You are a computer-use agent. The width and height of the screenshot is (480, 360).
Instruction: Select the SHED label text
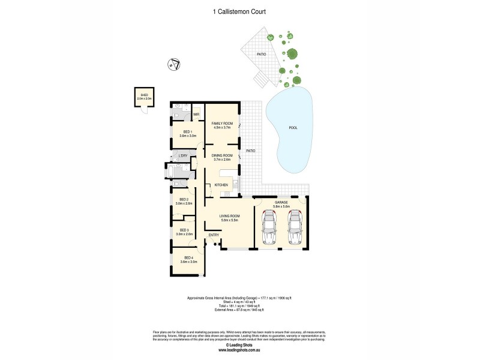pos(144,94)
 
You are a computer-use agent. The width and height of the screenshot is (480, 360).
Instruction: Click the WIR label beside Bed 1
pos(196,114)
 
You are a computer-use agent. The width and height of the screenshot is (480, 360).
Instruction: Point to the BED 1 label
pos(187,131)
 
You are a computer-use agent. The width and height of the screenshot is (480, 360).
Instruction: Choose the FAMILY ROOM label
pos(222,123)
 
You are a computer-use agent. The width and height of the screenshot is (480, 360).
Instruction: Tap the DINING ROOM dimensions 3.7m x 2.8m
pos(222,160)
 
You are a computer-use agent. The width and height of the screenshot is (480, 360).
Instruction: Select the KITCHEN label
pos(221,185)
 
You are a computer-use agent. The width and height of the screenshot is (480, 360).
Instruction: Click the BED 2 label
pos(184,199)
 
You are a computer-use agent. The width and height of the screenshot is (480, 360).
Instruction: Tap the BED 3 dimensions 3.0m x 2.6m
pos(184,234)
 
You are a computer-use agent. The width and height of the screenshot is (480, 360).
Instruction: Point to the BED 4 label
pos(188,257)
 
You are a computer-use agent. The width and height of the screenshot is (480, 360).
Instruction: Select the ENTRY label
pos(213,235)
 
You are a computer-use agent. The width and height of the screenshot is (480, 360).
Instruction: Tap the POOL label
pos(293,127)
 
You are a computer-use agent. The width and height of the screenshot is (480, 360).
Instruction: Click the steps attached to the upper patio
pos(260,78)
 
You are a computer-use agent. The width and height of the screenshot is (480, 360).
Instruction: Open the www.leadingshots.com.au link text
pos(239,350)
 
